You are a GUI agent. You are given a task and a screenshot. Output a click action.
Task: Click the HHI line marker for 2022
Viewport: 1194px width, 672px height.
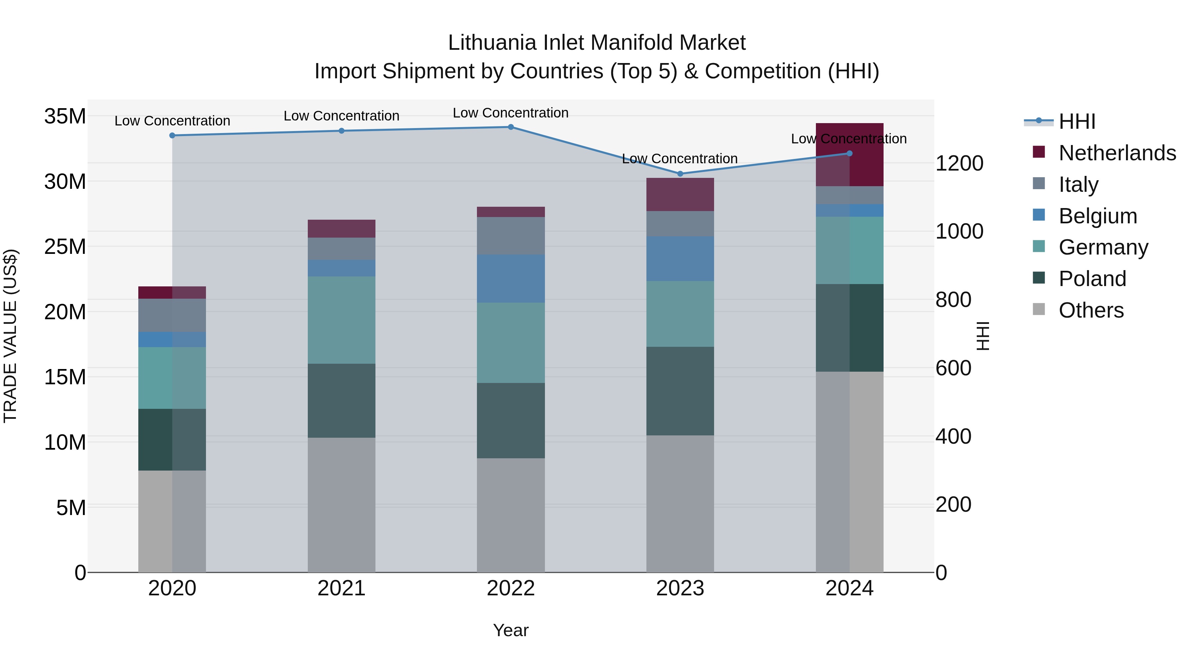pyautogui.click(x=511, y=127)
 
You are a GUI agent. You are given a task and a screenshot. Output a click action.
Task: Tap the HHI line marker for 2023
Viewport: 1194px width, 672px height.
pyautogui.click(x=680, y=174)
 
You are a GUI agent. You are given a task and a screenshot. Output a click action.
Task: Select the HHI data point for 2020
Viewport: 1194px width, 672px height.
pyautogui.click(x=172, y=135)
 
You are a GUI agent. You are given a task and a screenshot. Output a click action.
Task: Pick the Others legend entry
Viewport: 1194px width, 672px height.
pyautogui.click(x=1091, y=310)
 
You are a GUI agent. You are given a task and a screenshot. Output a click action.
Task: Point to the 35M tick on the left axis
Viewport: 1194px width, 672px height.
pyautogui.click(x=65, y=116)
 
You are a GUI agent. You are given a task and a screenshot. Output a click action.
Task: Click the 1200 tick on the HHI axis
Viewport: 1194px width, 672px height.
pyautogui.click(x=959, y=163)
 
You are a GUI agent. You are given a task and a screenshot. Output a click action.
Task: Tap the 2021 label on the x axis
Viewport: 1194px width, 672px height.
pyautogui.click(x=342, y=588)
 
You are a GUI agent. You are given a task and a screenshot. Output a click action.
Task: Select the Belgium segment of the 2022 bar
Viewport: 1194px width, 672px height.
pyautogui.click(x=511, y=279)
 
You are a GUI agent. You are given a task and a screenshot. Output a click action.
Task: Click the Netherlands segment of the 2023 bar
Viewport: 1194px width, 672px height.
pyautogui.click(x=680, y=195)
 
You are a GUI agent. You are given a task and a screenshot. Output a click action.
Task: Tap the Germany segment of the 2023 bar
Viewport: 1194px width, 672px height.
pyautogui.click(x=680, y=314)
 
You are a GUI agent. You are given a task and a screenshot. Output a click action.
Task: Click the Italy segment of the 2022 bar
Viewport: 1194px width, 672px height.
pyautogui.click(x=511, y=236)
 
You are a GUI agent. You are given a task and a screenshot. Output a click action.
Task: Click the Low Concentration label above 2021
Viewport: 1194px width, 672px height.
pyautogui.click(x=342, y=116)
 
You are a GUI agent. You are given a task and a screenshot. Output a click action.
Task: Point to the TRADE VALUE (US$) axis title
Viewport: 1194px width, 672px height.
pyautogui.click(x=10, y=336)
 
